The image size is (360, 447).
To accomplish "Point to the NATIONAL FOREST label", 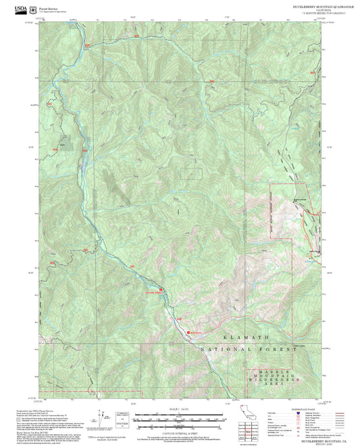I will click(249, 350).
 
